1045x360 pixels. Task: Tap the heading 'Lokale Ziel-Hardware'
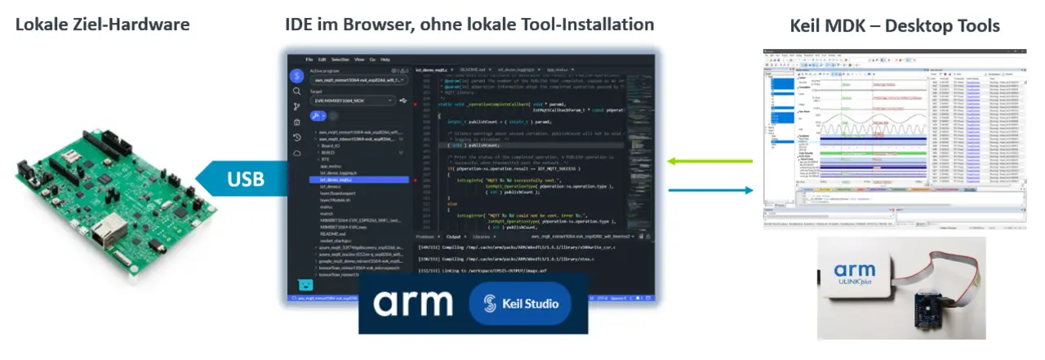click(x=102, y=24)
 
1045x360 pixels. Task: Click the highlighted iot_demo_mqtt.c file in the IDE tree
click(x=340, y=180)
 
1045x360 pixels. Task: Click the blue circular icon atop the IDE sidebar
click(x=298, y=75)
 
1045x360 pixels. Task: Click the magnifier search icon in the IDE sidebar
click(x=297, y=91)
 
